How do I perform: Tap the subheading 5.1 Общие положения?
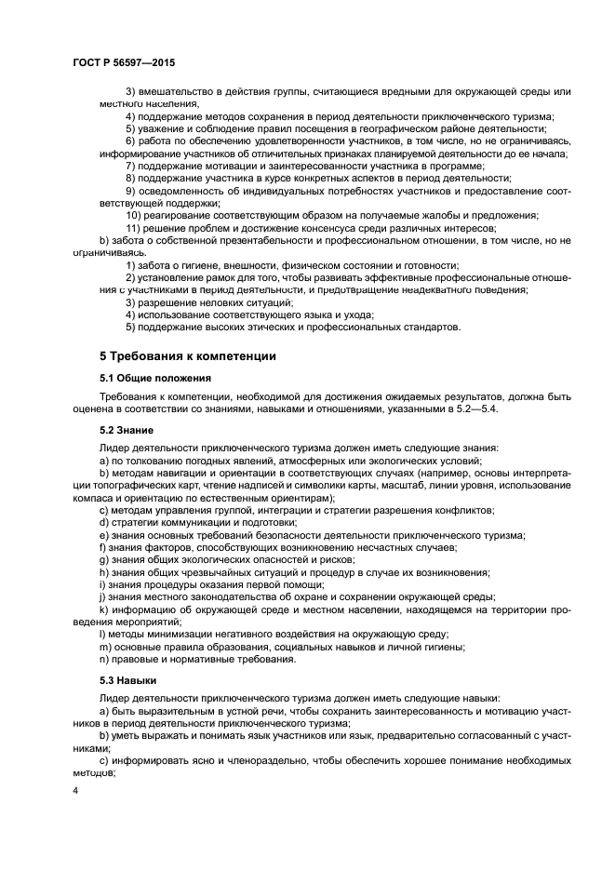[x=154, y=378]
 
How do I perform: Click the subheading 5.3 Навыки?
[x=127, y=680]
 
